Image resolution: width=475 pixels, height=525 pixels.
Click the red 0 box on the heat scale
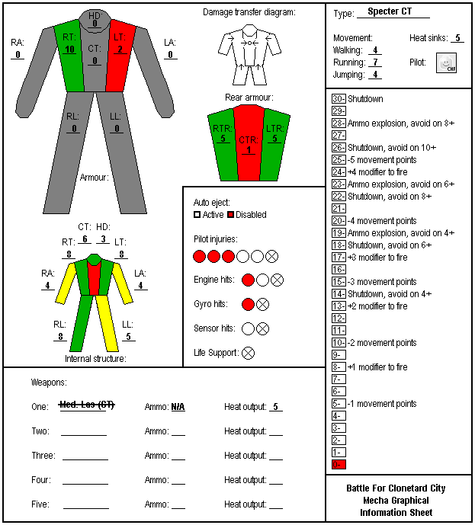(x=339, y=464)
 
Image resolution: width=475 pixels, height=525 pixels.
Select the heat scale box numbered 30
(x=339, y=99)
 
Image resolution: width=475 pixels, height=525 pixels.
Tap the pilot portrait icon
(x=446, y=62)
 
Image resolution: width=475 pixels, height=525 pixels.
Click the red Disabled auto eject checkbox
(x=230, y=215)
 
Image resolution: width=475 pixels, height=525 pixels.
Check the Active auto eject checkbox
(x=197, y=215)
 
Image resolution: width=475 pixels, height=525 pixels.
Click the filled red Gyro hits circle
(x=248, y=304)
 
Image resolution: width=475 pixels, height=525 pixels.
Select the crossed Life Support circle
(x=249, y=353)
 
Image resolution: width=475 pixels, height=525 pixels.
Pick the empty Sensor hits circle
(x=248, y=329)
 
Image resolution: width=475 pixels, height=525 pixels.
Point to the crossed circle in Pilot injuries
(x=271, y=257)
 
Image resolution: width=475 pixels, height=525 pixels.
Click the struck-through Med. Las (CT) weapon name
(x=87, y=405)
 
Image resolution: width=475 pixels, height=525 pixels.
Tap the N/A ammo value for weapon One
(x=178, y=407)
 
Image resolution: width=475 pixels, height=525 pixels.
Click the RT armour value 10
(x=69, y=50)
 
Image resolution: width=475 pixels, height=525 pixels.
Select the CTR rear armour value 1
(x=249, y=150)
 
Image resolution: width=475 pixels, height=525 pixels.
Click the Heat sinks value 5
(x=457, y=38)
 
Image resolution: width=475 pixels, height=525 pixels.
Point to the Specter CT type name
(x=390, y=11)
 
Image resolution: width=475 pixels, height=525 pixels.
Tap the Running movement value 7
(x=375, y=62)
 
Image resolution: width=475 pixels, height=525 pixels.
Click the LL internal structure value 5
(x=128, y=337)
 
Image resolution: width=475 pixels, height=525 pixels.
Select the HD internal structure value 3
(x=103, y=239)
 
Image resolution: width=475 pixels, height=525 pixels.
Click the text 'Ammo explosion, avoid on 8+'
(x=401, y=123)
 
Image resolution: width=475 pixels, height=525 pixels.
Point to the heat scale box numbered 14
(x=339, y=293)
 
